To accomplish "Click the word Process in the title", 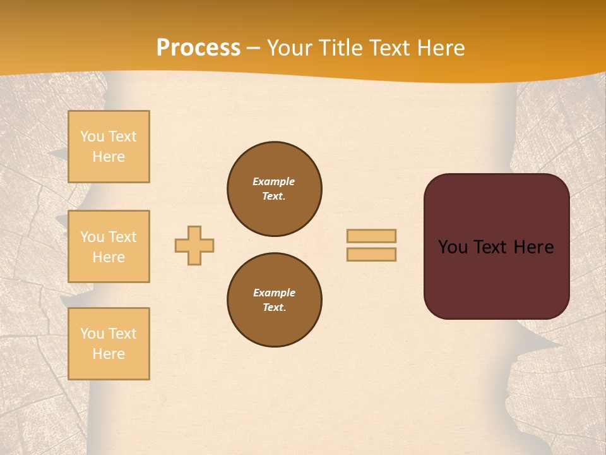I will click(198, 48).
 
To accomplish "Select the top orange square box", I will click(109, 147).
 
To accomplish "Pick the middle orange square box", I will click(109, 246).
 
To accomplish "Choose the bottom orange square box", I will click(109, 344).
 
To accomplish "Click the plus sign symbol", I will click(194, 245).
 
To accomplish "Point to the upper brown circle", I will click(275, 189).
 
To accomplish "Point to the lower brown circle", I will click(275, 300).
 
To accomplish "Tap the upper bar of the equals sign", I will click(371, 236).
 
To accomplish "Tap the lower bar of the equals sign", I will click(371, 254).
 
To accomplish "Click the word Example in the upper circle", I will click(274, 181).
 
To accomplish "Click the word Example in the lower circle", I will click(274, 293).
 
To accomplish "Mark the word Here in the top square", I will click(109, 157).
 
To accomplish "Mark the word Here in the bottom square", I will click(109, 354).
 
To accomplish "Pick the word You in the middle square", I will click(92, 237).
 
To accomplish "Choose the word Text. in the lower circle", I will click(274, 308).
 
